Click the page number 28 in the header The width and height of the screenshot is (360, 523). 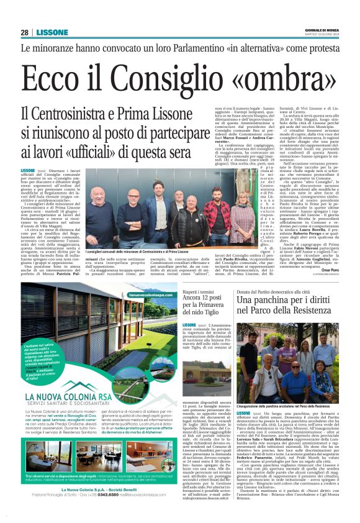coord(24,32)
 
